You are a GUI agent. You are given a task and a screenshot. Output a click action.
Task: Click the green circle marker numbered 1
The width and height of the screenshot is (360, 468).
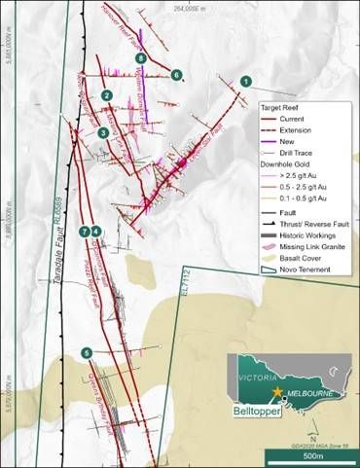(246, 83)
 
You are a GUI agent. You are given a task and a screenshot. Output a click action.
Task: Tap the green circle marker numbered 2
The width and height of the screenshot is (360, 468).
(106, 94)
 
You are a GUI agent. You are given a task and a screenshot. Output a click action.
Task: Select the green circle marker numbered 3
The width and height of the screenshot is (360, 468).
(103, 132)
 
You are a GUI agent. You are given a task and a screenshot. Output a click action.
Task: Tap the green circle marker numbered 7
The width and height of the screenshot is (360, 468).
(86, 231)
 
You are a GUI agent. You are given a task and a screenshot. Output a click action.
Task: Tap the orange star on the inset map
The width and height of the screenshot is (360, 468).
(278, 391)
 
